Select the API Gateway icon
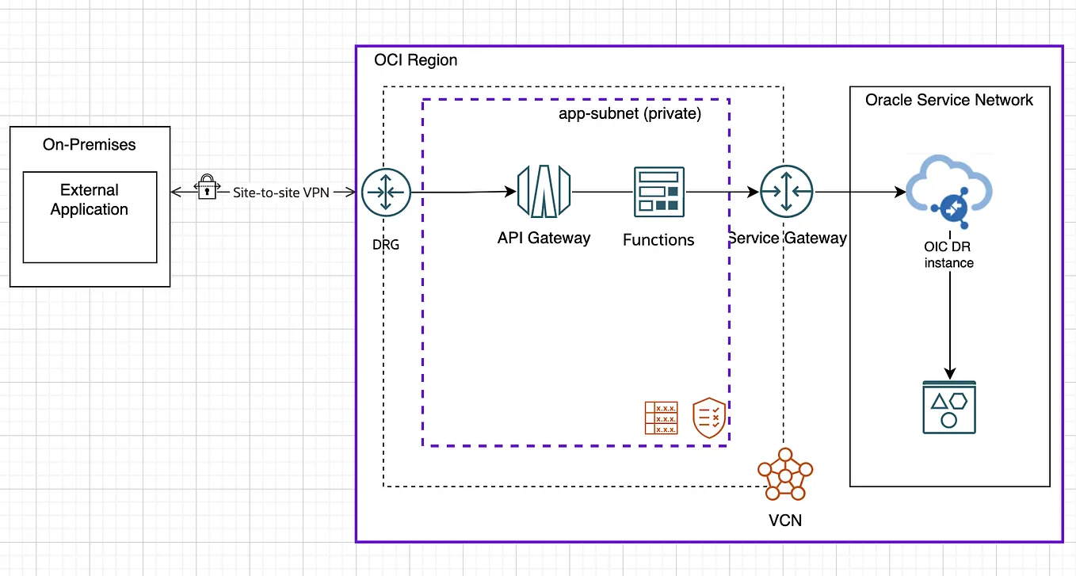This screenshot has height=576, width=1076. [x=544, y=192]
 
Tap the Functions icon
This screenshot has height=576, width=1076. [x=658, y=192]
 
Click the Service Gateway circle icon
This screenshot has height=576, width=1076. [x=786, y=192]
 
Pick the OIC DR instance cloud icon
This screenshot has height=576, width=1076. [x=948, y=190]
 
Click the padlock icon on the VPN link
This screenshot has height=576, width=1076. [x=206, y=187]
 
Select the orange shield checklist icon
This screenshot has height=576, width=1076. [x=709, y=418]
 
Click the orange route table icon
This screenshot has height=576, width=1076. [x=662, y=418]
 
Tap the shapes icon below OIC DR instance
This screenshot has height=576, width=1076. [x=948, y=407]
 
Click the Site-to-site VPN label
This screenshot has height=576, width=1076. [x=280, y=192]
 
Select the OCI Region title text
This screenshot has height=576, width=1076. [x=415, y=60]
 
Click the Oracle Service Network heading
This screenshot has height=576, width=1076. [x=948, y=100]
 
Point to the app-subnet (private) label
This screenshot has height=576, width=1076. [x=630, y=113]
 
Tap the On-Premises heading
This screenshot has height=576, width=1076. [x=89, y=145]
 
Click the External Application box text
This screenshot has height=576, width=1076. [x=89, y=200]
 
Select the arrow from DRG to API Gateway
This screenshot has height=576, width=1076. [x=460, y=192]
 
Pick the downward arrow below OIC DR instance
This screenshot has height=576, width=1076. [x=949, y=325]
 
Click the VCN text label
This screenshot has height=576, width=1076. [x=784, y=521]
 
